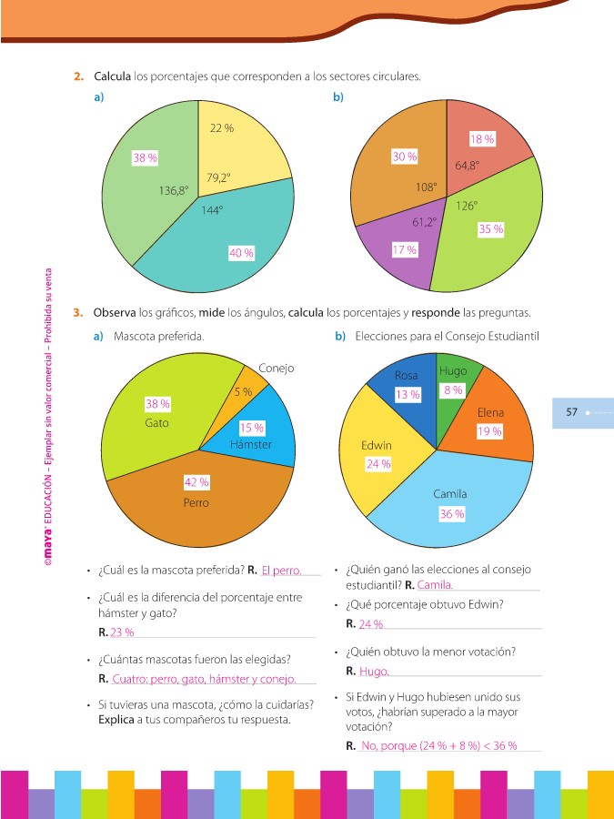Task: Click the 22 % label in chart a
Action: point(222,128)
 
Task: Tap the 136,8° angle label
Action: point(173,191)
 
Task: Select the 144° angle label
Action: point(212,210)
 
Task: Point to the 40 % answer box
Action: point(241,253)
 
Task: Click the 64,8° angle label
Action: point(468,166)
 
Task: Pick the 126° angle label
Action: point(467,206)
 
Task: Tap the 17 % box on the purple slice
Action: point(405,249)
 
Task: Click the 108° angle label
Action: point(426,187)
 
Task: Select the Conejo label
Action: point(276,369)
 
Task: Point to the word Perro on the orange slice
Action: point(196,502)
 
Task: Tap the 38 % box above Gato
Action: point(158,403)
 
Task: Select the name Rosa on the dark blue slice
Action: point(406,375)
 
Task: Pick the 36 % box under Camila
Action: point(452,514)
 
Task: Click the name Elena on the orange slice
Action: point(490,412)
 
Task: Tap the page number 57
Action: point(572,412)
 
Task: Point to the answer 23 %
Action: point(122,632)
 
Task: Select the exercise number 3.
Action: point(79,312)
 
